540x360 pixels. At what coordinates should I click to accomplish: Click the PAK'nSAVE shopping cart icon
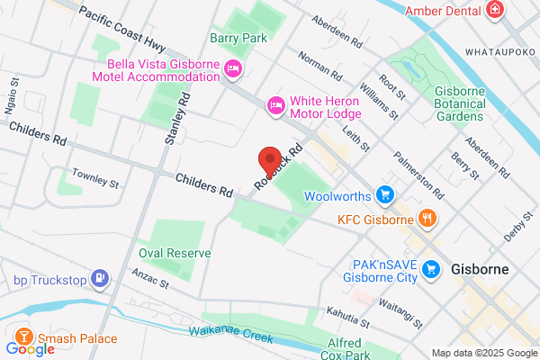[x=431, y=268]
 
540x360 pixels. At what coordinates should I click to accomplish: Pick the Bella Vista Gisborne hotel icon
[x=233, y=68]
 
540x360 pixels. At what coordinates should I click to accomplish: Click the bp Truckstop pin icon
[x=101, y=278]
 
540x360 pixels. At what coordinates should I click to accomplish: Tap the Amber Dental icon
[x=494, y=10]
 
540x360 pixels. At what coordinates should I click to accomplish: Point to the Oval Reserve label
[x=175, y=253]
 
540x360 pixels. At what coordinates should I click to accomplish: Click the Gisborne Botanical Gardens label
[x=459, y=103]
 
